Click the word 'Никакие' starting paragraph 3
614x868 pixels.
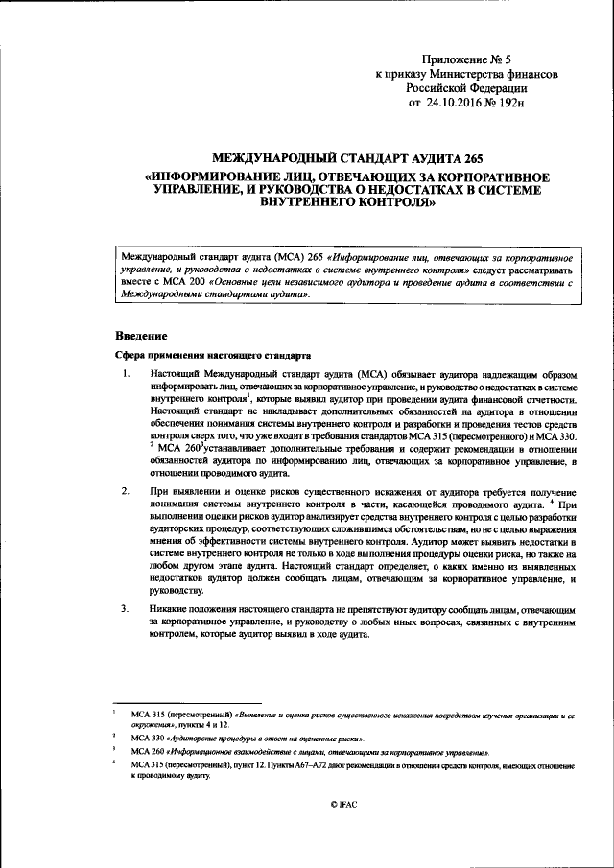170,609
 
